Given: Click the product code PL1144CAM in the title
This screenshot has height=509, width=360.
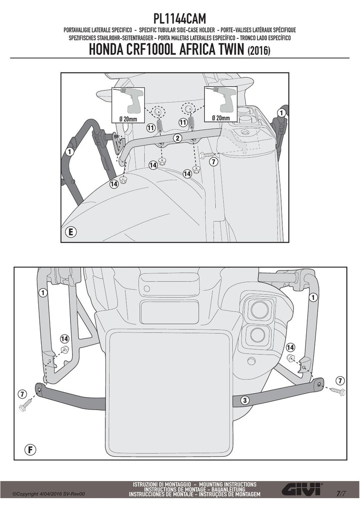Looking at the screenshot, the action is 180,19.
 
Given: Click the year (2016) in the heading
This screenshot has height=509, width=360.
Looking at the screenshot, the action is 259,51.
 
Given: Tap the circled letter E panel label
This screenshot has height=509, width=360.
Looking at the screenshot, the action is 71,232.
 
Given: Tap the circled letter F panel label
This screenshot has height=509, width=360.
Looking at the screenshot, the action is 30,449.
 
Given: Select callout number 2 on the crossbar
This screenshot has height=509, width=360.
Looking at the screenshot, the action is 177,138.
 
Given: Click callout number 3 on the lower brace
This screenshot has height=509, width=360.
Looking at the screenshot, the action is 245,400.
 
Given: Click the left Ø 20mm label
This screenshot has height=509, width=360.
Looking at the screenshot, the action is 128,119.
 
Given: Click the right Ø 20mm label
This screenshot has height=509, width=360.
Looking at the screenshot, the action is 221,118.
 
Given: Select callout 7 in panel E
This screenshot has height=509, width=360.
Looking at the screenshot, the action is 213,162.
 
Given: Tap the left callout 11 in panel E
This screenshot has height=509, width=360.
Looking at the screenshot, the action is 151,128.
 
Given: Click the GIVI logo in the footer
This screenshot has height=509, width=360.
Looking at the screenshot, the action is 302,489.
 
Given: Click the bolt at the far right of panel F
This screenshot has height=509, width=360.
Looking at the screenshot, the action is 338,391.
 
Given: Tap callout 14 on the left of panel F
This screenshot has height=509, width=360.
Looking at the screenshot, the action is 64,339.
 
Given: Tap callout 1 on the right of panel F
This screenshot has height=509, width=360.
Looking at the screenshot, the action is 313,297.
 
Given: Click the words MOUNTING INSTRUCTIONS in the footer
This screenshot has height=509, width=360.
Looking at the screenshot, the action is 228,484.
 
